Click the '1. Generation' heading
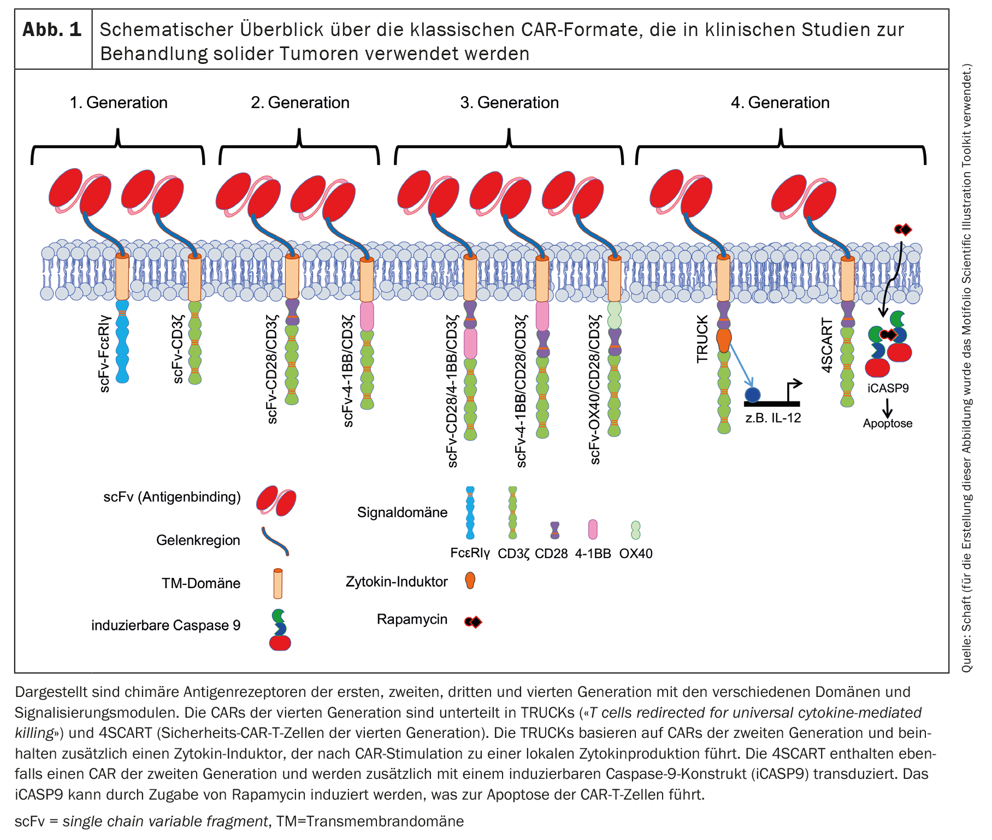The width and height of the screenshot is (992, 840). click(119, 103)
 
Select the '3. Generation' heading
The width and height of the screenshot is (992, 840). click(509, 103)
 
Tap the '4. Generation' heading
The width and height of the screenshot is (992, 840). click(780, 103)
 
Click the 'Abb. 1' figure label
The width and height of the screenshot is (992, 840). click(52, 30)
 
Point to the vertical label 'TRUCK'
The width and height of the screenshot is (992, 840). click(702, 339)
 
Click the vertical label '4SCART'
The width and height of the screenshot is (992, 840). click(828, 346)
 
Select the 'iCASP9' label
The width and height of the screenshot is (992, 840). click(888, 388)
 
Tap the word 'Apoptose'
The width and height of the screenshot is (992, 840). click(888, 423)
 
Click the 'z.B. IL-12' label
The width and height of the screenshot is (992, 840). click(773, 418)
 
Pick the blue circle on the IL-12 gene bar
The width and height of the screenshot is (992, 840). click(753, 394)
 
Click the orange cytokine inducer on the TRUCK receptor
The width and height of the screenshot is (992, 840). click(724, 340)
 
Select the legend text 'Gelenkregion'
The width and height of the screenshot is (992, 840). click(198, 540)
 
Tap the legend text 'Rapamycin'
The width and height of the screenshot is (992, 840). click(412, 619)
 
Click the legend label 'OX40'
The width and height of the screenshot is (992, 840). click(636, 553)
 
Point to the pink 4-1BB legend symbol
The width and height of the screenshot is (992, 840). click(593, 529)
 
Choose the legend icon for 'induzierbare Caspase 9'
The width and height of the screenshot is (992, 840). click(280, 630)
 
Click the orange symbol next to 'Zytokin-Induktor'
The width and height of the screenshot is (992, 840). click(470, 580)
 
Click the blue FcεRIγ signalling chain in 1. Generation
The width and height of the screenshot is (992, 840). click(122, 341)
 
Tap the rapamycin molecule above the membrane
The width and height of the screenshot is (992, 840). click(903, 229)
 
